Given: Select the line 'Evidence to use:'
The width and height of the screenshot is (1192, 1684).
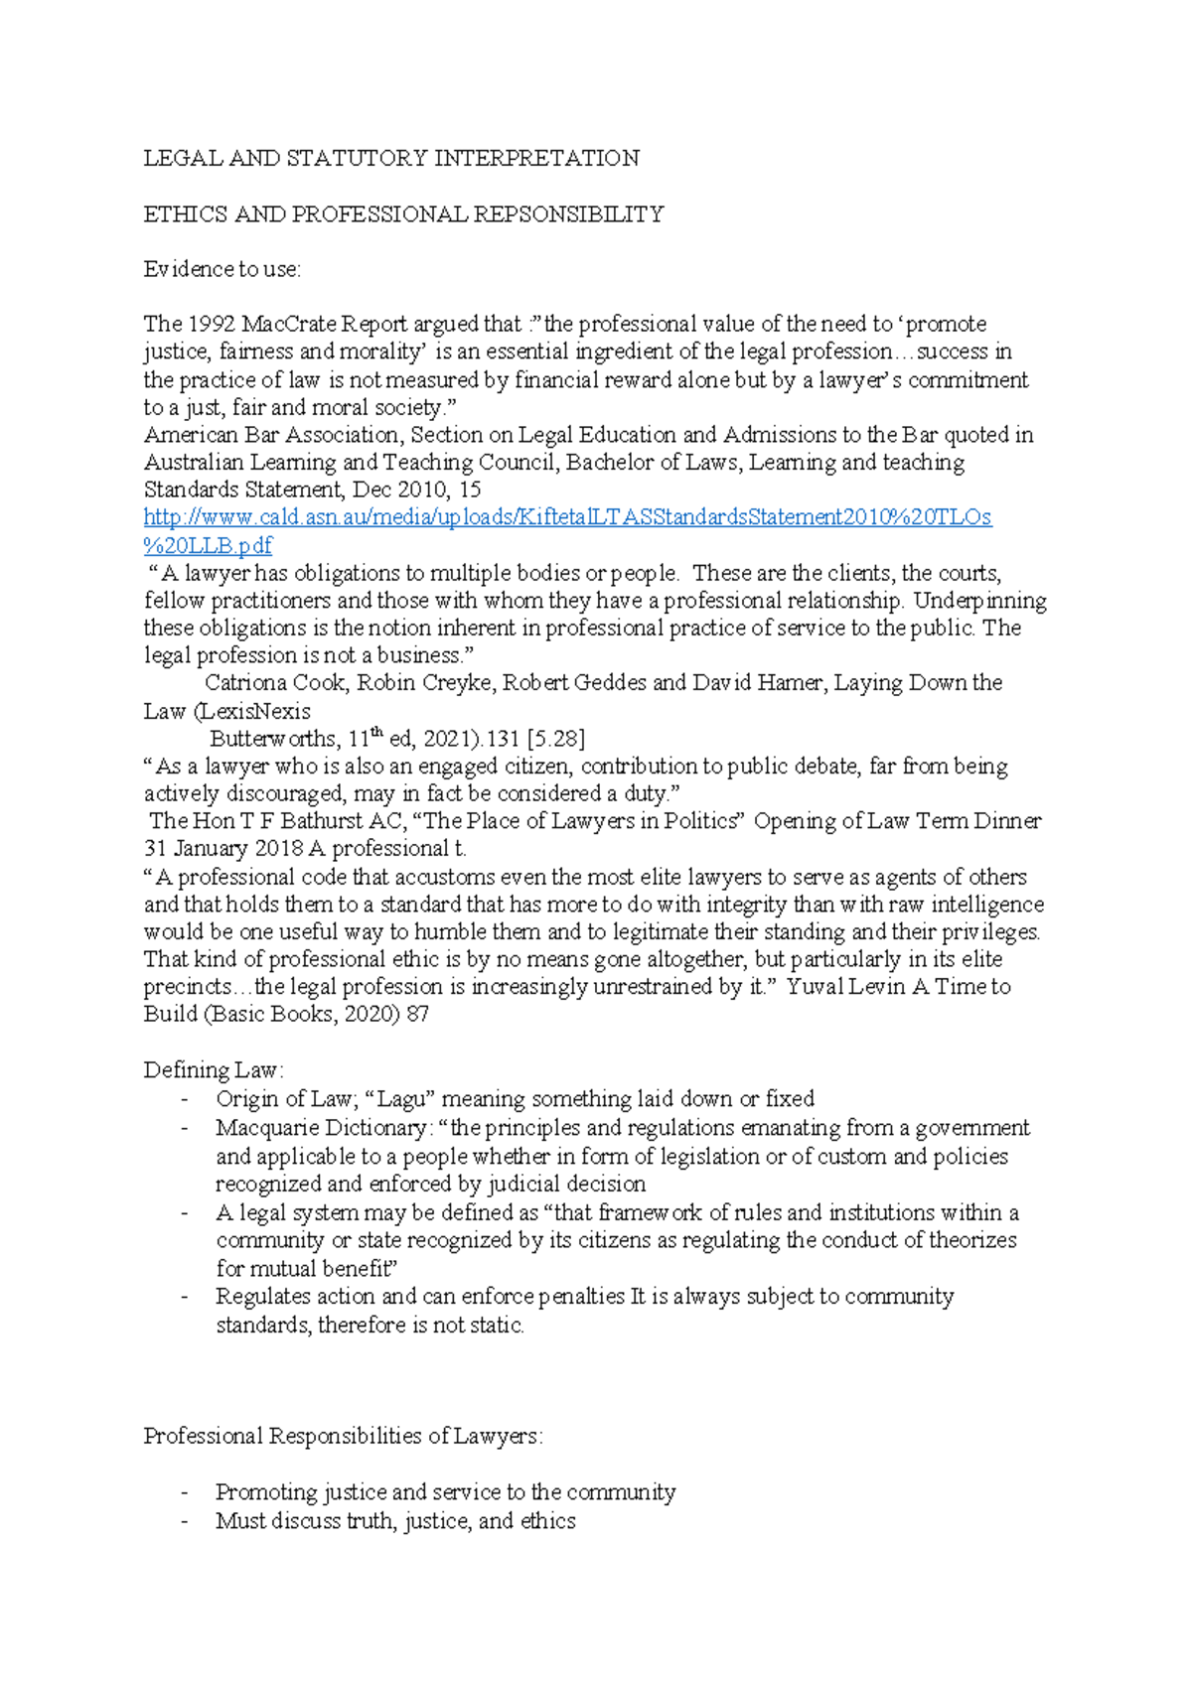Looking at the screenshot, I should (222, 269).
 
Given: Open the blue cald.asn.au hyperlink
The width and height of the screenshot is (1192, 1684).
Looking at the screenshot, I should (567, 517).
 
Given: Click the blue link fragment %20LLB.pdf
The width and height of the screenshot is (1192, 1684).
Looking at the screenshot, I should (208, 545).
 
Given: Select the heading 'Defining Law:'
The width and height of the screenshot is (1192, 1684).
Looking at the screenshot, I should (214, 1070).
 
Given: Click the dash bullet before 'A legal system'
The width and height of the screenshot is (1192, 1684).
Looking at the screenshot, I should (185, 1213).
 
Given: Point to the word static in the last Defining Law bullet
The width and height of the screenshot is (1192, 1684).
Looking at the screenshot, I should (496, 1326).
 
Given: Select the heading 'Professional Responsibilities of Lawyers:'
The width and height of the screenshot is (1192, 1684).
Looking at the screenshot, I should (343, 1437).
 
